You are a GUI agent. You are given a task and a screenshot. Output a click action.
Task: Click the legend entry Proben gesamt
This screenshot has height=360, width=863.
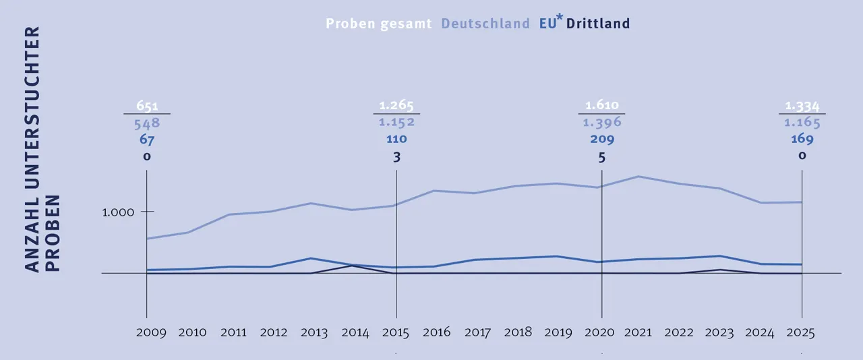[378, 24]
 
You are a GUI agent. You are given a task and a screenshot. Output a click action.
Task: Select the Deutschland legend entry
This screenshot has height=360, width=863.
[485, 24]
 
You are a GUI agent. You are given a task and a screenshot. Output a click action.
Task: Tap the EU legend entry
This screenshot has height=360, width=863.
[548, 24]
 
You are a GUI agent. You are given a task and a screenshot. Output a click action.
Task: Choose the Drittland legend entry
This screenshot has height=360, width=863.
[598, 24]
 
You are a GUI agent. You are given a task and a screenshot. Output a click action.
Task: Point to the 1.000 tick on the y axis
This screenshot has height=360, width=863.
[119, 212]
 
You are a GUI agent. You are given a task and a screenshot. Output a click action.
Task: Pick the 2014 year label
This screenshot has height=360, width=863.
[355, 332]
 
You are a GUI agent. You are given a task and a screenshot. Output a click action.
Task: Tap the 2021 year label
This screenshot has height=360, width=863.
[637, 332]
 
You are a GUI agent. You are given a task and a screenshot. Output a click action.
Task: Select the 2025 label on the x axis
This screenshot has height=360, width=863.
[802, 332]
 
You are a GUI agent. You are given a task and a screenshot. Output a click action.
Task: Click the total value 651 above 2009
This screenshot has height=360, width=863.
[147, 106]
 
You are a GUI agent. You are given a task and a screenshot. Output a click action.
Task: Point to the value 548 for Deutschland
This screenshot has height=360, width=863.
[147, 123]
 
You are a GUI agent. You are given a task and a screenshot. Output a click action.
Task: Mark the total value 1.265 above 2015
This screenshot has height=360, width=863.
[396, 106]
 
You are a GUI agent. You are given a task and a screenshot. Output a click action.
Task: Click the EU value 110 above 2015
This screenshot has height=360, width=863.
[396, 139]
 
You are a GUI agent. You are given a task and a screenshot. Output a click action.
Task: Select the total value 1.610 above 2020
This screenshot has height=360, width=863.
[601, 106]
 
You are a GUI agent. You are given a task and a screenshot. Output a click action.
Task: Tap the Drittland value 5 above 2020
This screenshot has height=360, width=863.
[601, 157]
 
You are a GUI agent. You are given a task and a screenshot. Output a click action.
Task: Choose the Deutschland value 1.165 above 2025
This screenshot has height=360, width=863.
[802, 123]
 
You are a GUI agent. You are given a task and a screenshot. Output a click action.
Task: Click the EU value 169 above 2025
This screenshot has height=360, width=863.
[802, 140]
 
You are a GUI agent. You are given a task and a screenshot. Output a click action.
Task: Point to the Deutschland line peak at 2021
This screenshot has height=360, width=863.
[637, 177]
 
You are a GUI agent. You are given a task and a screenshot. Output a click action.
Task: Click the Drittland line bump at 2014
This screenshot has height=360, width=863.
[352, 266]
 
